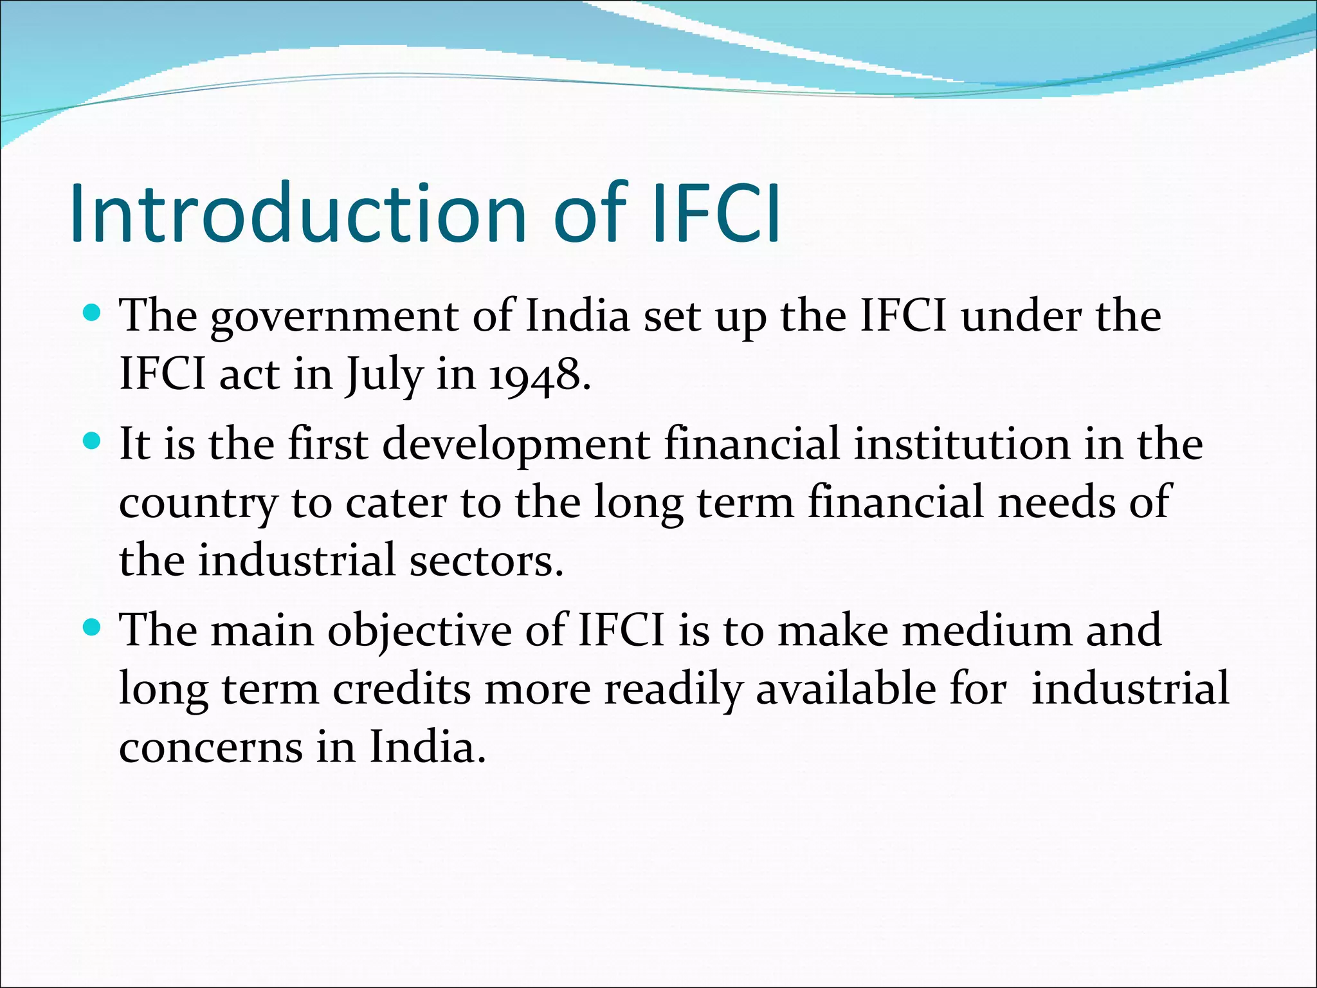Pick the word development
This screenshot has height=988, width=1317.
[x=516, y=445]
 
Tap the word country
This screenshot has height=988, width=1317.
[x=198, y=503]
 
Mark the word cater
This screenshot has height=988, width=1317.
[x=395, y=503]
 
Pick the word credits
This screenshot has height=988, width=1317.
[x=401, y=689]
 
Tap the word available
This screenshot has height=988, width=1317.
[x=845, y=688]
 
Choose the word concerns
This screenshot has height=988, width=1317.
[x=211, y=747]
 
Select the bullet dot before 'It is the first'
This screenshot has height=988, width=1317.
[x=93, y=441]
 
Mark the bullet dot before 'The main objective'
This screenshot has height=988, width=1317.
[x=93, y=627]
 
